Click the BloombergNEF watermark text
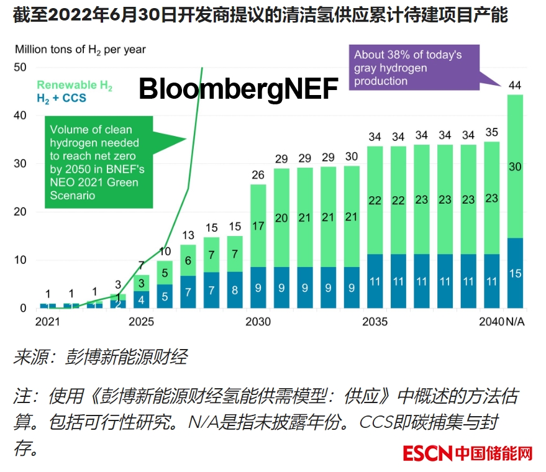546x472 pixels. point(238,89)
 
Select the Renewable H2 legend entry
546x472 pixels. point(75,85)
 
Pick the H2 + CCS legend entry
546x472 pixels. point(61,98)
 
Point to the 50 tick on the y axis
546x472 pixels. point(20,67)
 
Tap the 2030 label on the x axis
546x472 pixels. point(258,322)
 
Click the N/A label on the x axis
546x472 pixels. point(514,322)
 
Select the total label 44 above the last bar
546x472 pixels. point(514,84)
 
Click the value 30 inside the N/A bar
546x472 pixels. point(514,166)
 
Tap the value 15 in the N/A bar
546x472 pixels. point(514,274)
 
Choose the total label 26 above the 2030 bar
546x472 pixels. point(258,175)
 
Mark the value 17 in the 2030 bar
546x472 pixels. point(258,227)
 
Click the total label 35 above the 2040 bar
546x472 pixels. point(491,132)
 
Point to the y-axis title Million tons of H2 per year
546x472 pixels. point(81,49)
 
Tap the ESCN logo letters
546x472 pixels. point(427,453)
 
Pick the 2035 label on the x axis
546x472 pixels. point(375,322)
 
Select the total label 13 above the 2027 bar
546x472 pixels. point(188,235)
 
